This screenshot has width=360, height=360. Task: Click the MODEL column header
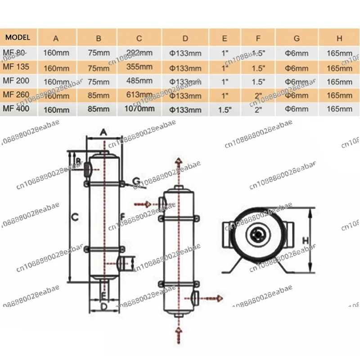(x=18, y=37)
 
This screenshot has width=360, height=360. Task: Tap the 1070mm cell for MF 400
(x=140, y=108)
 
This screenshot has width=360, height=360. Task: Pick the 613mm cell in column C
(x=139, y=95)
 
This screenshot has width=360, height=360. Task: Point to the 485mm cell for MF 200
(x=139, y=82)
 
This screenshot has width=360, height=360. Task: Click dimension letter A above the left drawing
(x=103, y=132)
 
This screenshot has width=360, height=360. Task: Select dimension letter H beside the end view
(x=305, y=241)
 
